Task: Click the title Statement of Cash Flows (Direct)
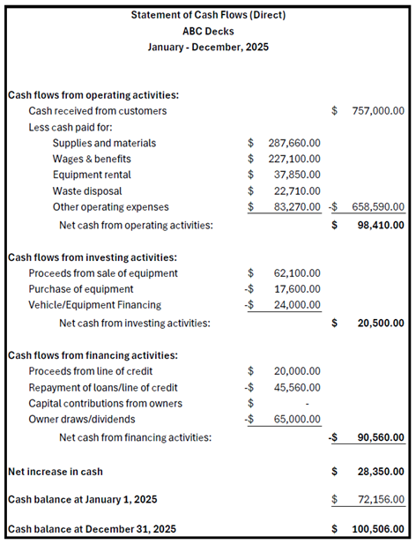207,15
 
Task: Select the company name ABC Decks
207,31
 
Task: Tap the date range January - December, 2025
207,47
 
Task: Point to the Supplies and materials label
104,143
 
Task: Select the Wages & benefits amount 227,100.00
294,159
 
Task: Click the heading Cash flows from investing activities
93,257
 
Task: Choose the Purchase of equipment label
81,289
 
